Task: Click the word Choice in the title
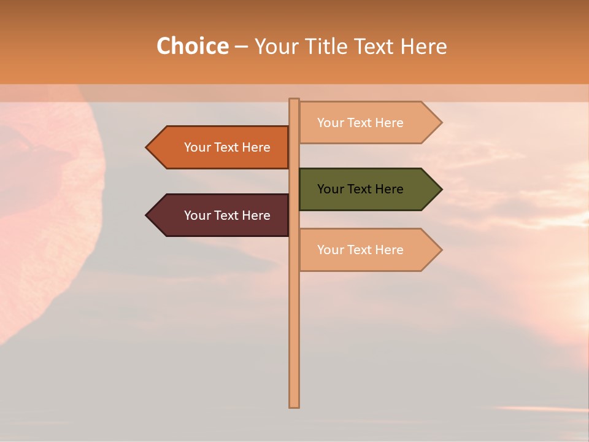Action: click(x=192, y=46)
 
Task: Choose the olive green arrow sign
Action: click(x=368, y=189)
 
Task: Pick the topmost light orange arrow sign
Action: click(x=368, y=123)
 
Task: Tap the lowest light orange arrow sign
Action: click(x=368, y=250)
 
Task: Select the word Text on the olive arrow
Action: click(x=360, y=189)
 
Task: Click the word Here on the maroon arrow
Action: click(x=256, y=215)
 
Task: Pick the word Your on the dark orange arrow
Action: click(x=198, y=147)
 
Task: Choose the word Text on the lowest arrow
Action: click(x=360, y=250)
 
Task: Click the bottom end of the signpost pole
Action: click(x=294, y=405)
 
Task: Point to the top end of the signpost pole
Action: click(x=294, y=101)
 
